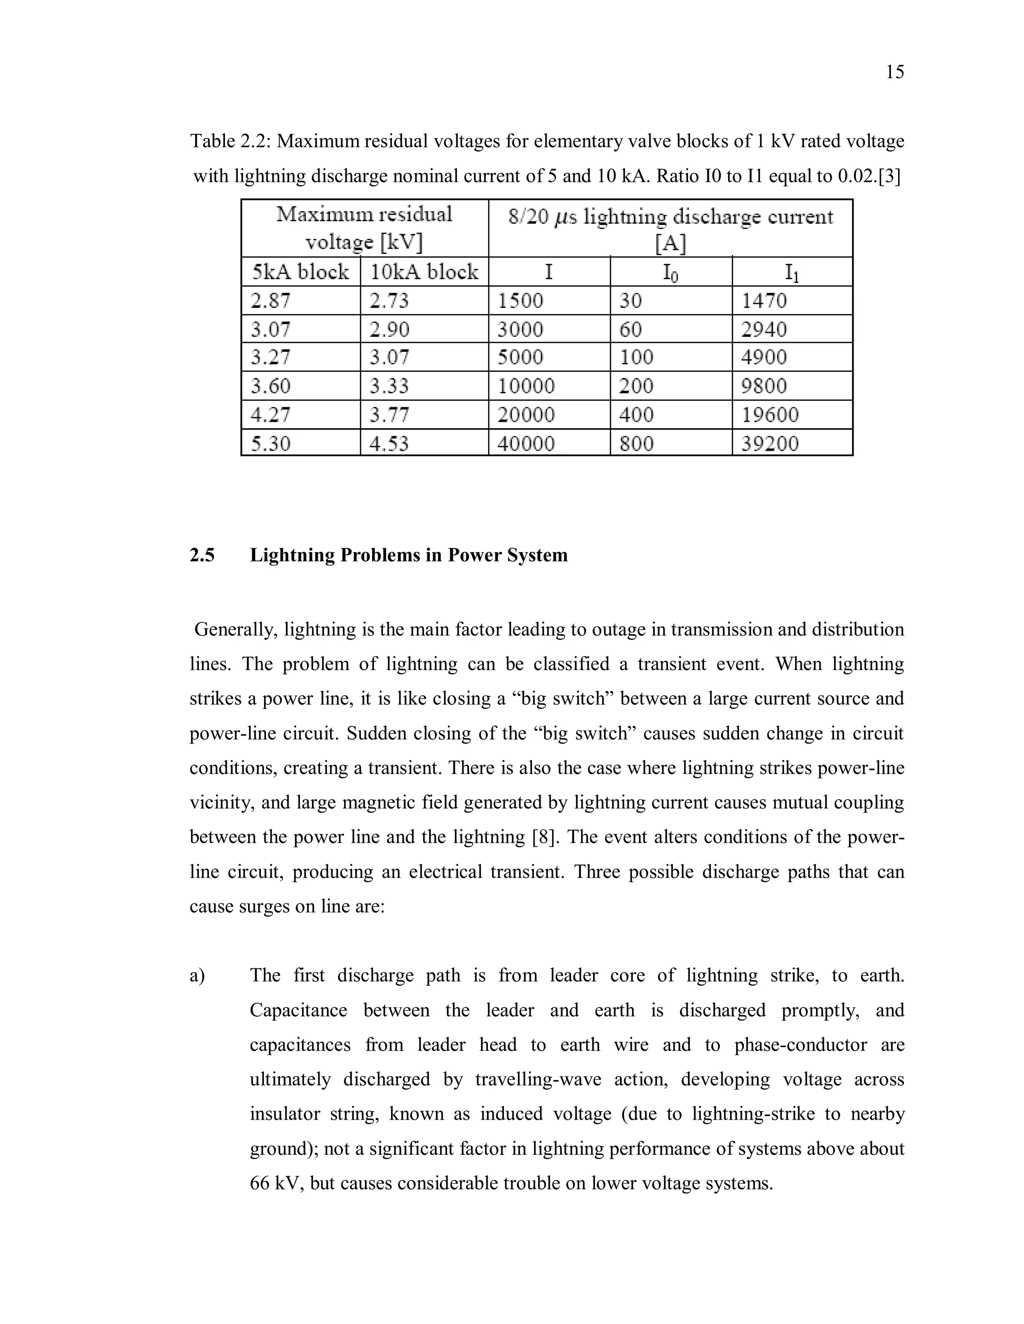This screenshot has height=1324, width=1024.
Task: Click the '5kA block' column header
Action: click(x=300, y=272)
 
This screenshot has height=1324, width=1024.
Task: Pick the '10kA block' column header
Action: click(x=424, y=272)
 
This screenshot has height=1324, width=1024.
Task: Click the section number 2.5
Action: click(x=202, y=555)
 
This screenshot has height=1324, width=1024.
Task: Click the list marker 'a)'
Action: click(x=197, y=975)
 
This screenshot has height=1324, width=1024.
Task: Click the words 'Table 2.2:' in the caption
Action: click(x=230, y=141)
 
